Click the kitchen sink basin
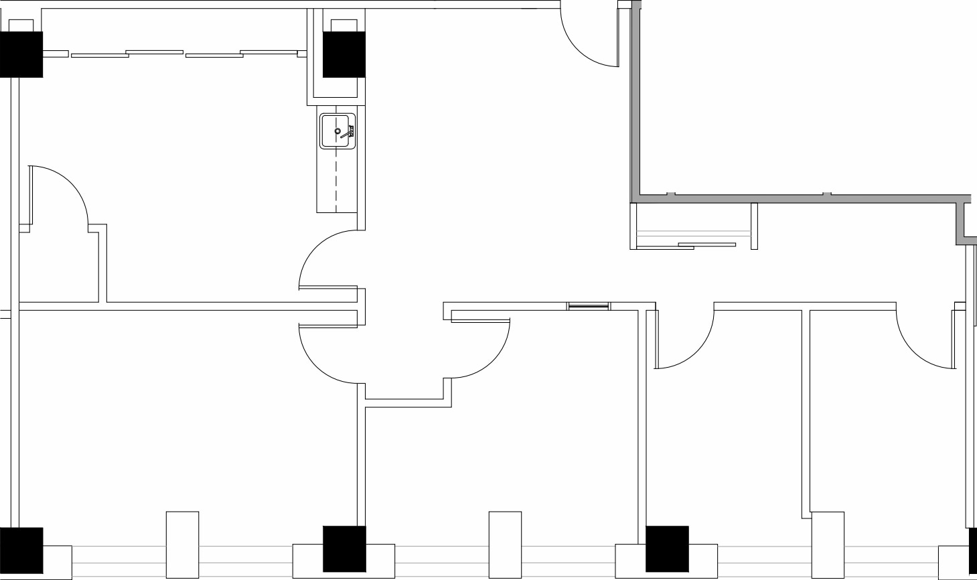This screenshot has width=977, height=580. pyautogui.click(x=333, y=131)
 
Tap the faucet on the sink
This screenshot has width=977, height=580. pyautogui.click(x=346, y=134)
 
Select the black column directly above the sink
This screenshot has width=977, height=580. pyautogui.click(x=344, y=54)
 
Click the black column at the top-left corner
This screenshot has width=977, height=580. pyautogui.click(x=21, y=54)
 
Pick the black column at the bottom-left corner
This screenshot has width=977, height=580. pyautogui.click(x=21, y=550)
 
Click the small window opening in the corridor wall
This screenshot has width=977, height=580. pyautogui.click(x=589, y=307)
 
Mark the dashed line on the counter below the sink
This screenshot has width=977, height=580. pyautogui.click(x=336, y=181)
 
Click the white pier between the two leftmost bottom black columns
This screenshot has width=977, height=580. pyautogui.click(x=182, y=545)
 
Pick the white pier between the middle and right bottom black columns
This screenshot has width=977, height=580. pyautogui.click(x=505, y=545)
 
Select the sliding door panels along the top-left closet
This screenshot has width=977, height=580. pyautogui.click(x=184, y=54)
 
